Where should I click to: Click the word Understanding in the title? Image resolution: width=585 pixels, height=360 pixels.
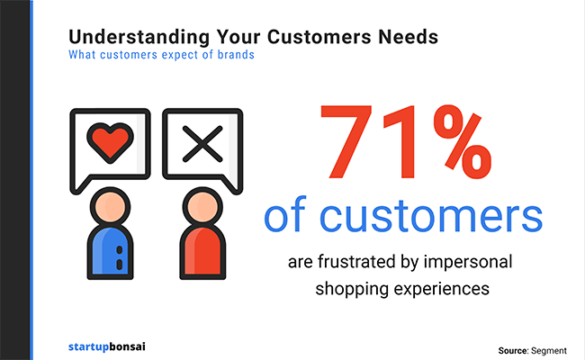click(139, 38)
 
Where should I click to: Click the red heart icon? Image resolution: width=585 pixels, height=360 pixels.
click(110, 142)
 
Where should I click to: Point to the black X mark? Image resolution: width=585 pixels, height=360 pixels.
click(202, 144)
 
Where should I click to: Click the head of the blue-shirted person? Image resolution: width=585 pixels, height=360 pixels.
click(110, 206)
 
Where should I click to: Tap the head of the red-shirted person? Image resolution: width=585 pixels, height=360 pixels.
click(202, 206)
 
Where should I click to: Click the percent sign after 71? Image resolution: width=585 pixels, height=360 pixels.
click(463, 142)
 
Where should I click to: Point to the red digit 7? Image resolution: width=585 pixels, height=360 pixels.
click(346, 142)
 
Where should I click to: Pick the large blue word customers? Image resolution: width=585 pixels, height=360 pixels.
click(431, 217)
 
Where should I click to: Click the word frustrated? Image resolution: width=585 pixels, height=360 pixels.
click(357, 262)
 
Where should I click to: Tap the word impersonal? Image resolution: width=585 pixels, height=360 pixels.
click(468, 263)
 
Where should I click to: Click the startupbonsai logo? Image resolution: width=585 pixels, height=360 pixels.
click(107, 346)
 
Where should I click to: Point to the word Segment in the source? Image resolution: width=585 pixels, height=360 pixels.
click(549, 351)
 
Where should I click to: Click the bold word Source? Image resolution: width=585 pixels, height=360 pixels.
click(513, 351)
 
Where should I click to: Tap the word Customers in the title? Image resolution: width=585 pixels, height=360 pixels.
click(319, 37)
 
